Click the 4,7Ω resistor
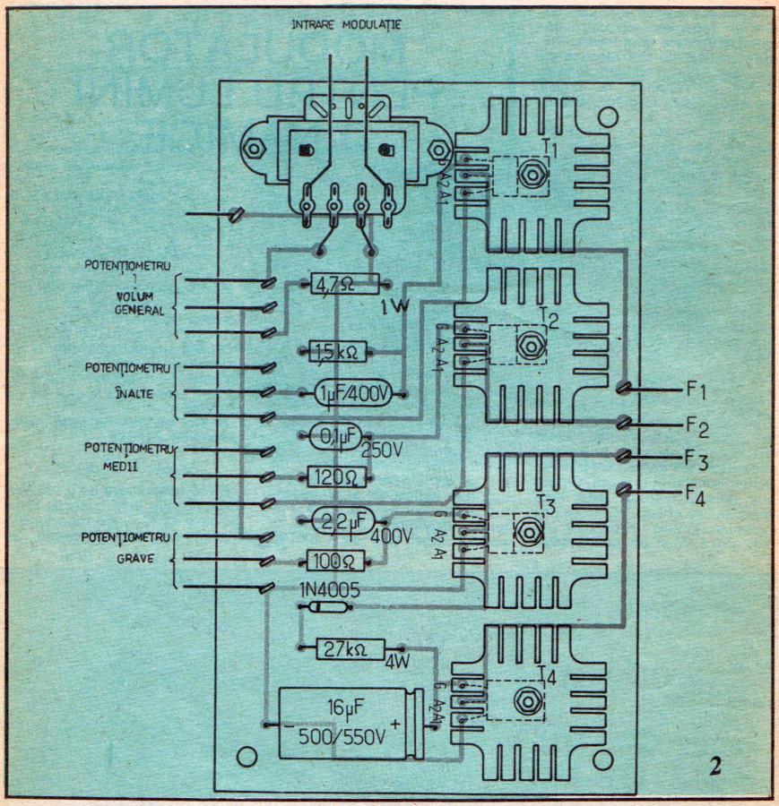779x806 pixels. tap(344, 285)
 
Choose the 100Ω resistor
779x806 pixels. tap(333, 561)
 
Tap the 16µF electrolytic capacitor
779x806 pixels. tap(345, 724)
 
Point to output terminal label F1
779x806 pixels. tap(697, 391)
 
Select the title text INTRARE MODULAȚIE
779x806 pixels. tap(345, 24)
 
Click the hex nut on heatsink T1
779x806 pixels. tap(532, 173)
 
